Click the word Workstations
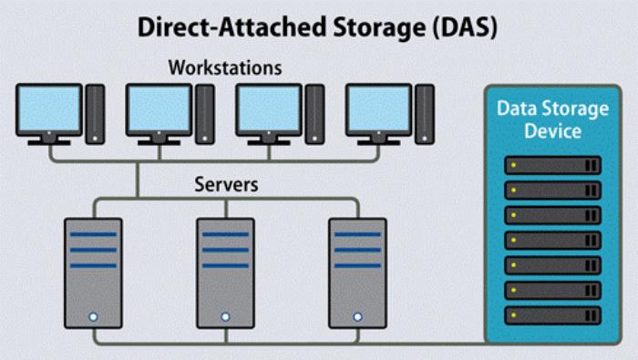[x=225, y=67]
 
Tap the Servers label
[x=226, y=184]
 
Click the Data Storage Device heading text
[x=551, y=119]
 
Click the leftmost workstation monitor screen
[x=49, y=110]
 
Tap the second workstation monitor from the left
[x=159, y=110]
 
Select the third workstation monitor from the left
[x=268, y=110]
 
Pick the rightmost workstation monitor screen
[x=377, y=110]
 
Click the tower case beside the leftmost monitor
[x=95, y=114]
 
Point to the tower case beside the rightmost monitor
[x=424, y=114]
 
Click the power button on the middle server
[x=225, y=316]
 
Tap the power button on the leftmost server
[x=93, y=316]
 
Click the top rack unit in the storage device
[x=552, y=166]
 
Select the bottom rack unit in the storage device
[x=552, y=314]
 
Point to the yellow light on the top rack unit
[x=514, y=166]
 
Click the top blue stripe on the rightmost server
[x=356, y=233]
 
